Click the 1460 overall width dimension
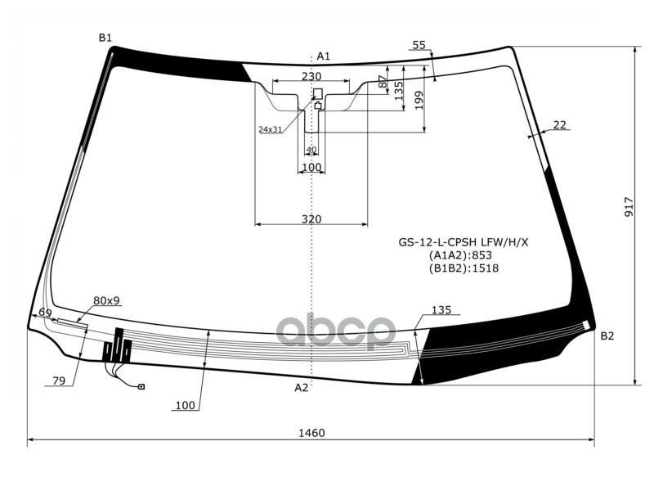311,433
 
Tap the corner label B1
105,38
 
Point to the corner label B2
607,336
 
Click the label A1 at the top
323,56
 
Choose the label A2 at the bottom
302,387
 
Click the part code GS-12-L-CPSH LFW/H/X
464,242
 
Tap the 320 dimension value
311,218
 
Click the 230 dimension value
311,76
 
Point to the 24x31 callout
270,129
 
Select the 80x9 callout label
106,300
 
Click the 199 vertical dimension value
419,100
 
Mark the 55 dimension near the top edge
419,45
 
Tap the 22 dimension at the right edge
559,124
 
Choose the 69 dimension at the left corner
45,313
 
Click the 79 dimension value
58,381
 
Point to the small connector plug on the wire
141,386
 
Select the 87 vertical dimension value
382,83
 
